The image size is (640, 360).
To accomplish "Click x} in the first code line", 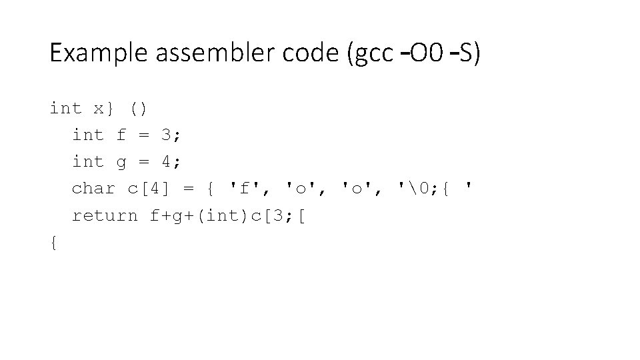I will coord(105,108).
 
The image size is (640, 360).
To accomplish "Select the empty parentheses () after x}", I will coord(139,108).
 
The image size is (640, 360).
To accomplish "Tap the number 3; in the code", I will coord(172,135).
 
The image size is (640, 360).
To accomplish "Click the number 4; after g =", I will coord(172,162).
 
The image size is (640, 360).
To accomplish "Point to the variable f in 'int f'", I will coord(121,135).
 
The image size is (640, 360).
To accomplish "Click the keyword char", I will coord(93,189).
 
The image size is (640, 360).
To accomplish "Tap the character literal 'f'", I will coord(244,189).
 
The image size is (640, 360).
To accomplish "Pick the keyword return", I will coord(105,216).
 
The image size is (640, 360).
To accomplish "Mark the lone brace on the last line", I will coord(54,243).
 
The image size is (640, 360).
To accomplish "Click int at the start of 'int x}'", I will coord(65,108).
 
